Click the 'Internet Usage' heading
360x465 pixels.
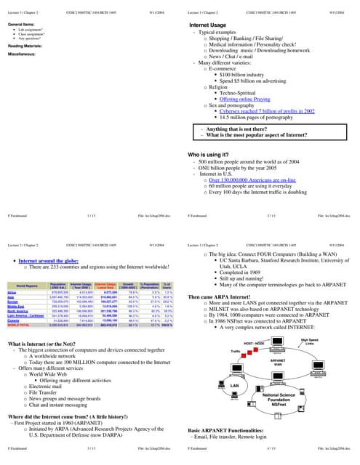212,25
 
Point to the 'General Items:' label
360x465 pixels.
20,25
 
